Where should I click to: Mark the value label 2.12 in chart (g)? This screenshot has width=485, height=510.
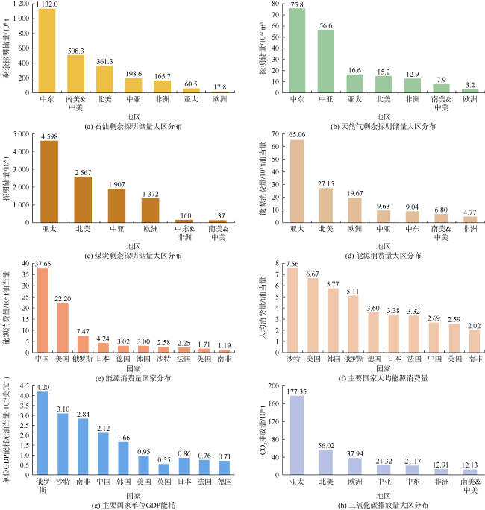click(x=103, y=427)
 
